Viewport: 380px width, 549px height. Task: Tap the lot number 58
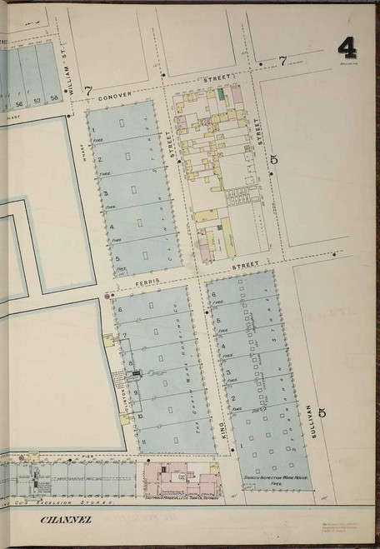53,98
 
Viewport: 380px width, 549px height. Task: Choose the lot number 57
37,98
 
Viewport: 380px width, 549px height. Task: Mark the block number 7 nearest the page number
282,60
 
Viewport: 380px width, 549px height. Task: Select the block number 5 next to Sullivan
322,412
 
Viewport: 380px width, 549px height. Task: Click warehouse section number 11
142,441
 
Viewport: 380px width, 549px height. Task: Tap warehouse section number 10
140,415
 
